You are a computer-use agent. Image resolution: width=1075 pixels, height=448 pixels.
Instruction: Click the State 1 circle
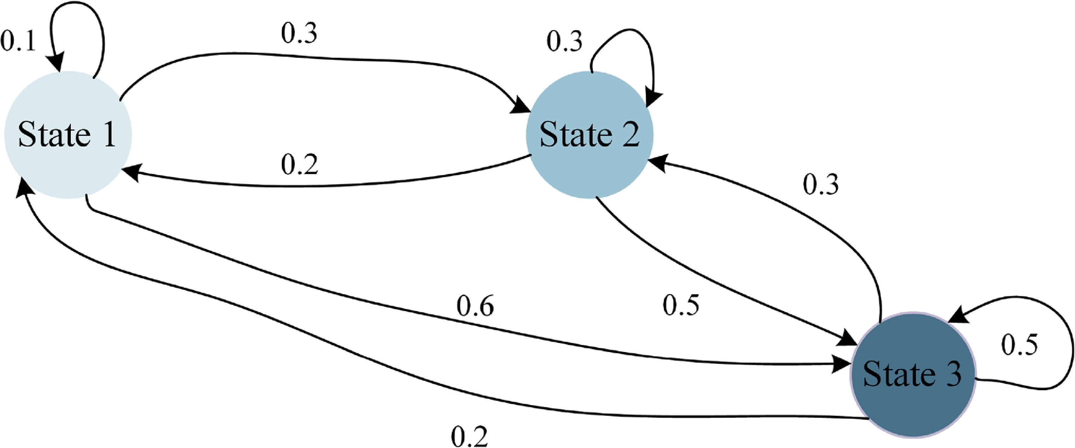pyautogui.click(x=68, y=135)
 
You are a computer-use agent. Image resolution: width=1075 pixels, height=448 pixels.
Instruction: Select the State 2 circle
pyautogui.click(x=589, y=135)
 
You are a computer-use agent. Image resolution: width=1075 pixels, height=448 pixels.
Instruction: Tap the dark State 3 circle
pyautogui.click(x=913, y=375)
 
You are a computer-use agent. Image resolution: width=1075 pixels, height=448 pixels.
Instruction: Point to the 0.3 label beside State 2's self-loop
pyautogui.click(x=564, y=42)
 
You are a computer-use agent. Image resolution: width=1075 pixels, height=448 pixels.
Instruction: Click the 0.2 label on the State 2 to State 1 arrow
pyautogui.click(x=299, y=165)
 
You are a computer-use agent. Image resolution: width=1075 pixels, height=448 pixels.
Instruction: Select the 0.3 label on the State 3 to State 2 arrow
pyautogui.click(x=820, y=184)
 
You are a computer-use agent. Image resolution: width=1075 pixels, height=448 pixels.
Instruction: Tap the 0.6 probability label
pyautogui.click(x=475, y=306)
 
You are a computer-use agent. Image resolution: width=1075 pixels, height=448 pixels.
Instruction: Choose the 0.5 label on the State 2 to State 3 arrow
pyautogui.click(x=681, y=305)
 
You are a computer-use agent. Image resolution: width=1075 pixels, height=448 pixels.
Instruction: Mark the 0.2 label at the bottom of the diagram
pyautogui.click(x=470, y=437)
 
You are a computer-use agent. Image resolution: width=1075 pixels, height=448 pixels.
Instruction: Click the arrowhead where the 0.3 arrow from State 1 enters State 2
pyautogui.click(x=522, y=107)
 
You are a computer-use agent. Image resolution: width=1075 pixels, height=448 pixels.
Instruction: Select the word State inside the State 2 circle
pyautogui.click(x=575, y=135)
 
